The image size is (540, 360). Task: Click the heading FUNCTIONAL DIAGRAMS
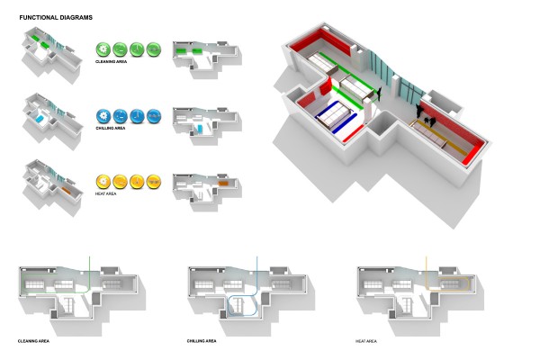pos(56,18)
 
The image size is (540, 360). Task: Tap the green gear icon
pos(103,49)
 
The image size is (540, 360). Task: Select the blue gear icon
pos(103,116)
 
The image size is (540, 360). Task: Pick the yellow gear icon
pos(103,182)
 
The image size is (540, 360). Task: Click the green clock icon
pos(137,49)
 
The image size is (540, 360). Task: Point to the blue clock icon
pos(137,116)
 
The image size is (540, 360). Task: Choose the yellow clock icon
pos(137,182)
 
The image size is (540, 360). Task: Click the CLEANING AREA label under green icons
pos(111,62)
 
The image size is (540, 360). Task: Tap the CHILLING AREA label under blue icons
pos(111,128)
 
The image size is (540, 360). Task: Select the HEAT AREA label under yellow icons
pos(105,194)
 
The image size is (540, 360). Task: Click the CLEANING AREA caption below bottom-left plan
pos(33,341)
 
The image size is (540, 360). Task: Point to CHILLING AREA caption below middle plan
pos(202,341)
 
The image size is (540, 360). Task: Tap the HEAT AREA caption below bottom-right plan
pos(366,341)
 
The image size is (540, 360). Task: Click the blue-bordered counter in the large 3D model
pos(337,116)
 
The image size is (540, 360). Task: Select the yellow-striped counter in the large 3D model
pos(437,137)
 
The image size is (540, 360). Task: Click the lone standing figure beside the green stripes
pos(379,94)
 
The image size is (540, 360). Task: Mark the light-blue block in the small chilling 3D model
pos(40,119)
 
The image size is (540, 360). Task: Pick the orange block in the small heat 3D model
pos(66,190)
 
